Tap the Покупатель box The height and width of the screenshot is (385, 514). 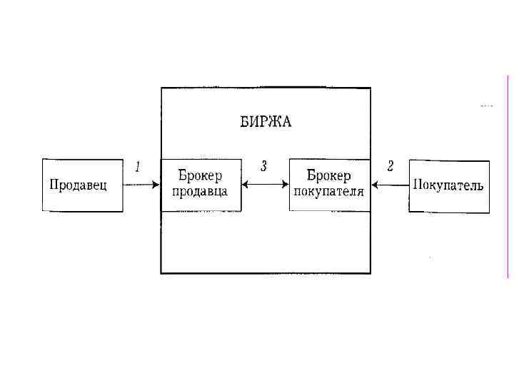(449, 185)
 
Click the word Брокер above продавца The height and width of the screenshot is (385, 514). (201, 176)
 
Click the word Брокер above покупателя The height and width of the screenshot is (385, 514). (329, 176)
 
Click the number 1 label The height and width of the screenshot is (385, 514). (138, 166)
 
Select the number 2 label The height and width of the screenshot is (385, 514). (390, 166)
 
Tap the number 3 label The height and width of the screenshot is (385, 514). (264, 166)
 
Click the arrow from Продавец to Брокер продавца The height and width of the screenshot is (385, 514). (141, 185)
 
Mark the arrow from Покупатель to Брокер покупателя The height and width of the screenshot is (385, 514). (390, 185)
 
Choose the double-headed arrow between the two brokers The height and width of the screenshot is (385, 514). (265, 185)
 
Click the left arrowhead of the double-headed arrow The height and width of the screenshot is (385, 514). (246, 185)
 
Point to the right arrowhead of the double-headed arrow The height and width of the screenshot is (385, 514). (285, 185)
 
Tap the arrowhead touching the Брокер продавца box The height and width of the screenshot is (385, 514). (156, 185)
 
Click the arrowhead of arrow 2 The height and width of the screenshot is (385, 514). (376, 185)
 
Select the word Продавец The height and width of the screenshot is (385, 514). (79, 185)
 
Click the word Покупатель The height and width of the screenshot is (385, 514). (449, 185)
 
